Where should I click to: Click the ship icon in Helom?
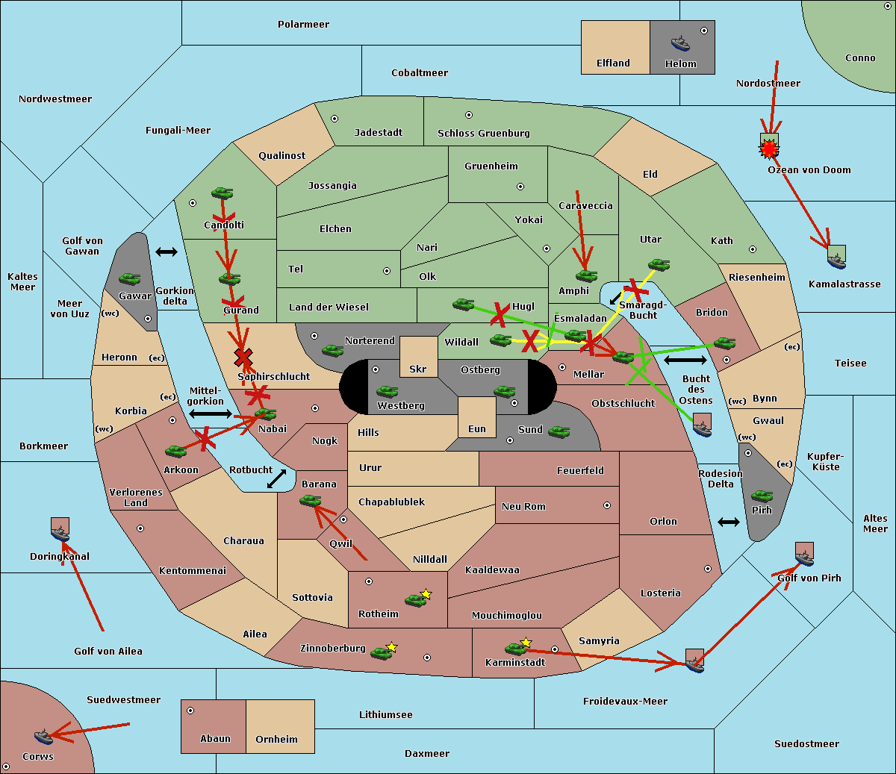pos(680,43)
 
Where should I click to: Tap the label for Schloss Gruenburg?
pos(484,133)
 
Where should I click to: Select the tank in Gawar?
pos(129,278)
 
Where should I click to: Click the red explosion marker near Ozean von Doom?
pos(769,149)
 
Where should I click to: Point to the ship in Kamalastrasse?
pos(836,261)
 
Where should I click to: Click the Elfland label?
pos(613,63)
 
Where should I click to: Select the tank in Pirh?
pos(762,496)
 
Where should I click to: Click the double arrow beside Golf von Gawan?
pos(167,252)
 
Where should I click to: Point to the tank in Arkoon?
pos(176,451)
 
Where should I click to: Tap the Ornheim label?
pos(276,739)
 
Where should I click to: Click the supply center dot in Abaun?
pos(190,711)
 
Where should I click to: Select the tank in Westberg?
pos(387,392)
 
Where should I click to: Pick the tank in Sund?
pos(559,431)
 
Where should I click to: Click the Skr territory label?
pos(418,369)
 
